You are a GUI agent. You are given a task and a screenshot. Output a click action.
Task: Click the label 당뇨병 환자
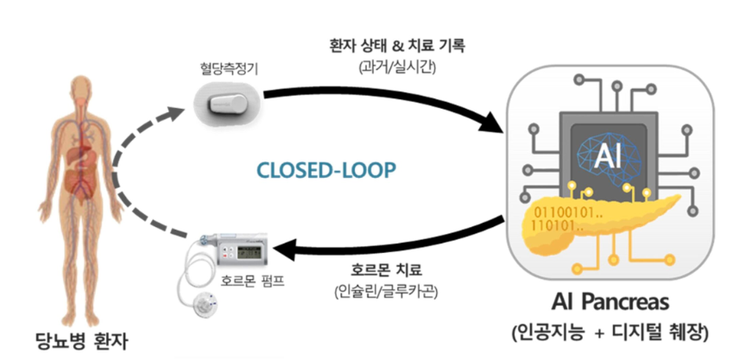point(83,340)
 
